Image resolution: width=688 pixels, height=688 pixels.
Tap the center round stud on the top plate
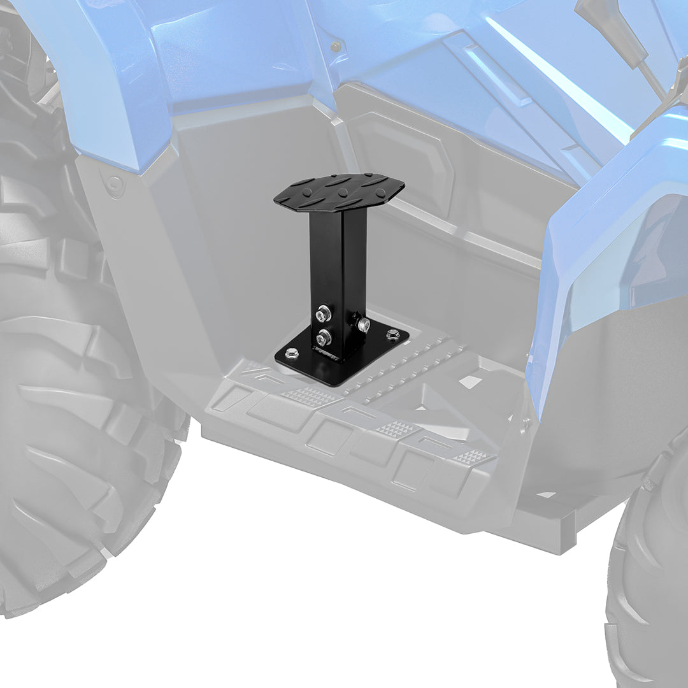pos(342,192)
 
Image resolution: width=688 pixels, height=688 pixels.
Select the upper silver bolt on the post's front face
pos(324,313)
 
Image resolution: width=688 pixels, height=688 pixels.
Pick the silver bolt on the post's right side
pos(363,325)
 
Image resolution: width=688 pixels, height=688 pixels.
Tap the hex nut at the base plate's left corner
pos(292,352)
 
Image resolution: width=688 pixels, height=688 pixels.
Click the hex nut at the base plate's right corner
pos(392,333)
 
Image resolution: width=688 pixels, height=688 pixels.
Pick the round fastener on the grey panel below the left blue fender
pos(115,185)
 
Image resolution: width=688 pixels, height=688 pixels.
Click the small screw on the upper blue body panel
pos(335,47)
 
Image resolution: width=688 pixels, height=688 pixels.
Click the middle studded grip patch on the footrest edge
pos(397,429)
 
